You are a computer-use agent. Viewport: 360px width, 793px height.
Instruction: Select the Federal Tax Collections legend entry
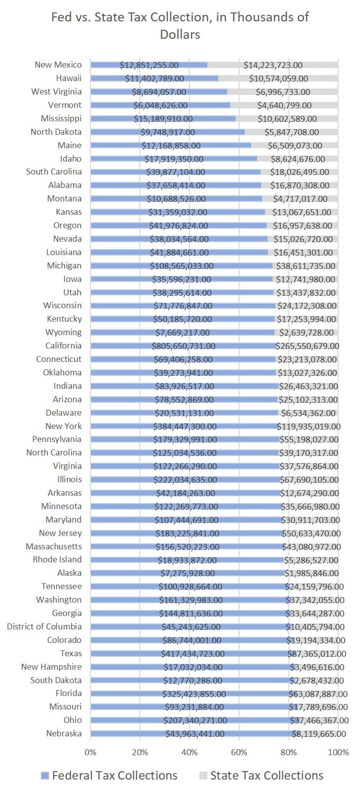[109, 775]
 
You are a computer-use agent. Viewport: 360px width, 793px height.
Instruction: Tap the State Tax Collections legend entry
[261, 775]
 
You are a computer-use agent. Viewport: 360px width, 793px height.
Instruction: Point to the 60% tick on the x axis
[239, 752]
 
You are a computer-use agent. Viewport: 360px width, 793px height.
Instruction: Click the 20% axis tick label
[140, 752]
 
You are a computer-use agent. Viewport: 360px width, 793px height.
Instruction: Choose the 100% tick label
[339, 752]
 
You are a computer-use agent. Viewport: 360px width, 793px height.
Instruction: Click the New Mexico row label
[58, 65]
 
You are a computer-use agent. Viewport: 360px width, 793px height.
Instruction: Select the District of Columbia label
[44, 626]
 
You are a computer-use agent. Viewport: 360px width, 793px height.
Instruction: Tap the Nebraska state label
[64, 733]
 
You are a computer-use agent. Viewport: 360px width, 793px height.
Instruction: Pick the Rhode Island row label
[57, 559]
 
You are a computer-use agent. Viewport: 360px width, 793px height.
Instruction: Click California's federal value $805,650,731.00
[183, 346]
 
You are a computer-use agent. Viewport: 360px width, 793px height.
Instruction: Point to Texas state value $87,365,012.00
[317, 653]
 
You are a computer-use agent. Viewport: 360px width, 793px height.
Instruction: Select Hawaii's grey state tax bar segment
[278, 78]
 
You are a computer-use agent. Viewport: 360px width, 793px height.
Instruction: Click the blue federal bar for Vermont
[160, 105]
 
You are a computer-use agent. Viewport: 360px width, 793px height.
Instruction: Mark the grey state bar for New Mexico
[272, 65]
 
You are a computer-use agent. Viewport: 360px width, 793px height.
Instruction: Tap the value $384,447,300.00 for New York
[185, 427]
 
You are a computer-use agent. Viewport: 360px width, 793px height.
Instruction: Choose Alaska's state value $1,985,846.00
[311, 573]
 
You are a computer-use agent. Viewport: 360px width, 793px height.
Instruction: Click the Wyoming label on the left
[63, 332]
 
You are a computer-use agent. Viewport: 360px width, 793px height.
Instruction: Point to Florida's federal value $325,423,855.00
[194, 694]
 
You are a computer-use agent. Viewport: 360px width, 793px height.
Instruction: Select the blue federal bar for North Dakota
[168, 132]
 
